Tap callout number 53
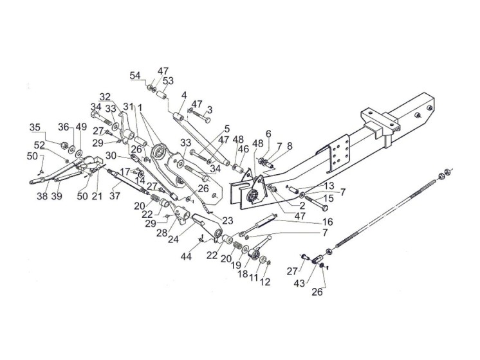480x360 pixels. tap(168, 80)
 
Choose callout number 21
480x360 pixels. tap(98, 195)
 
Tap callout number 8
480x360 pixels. tap(289, 147)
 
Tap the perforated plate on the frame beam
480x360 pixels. tap(338, 155)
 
